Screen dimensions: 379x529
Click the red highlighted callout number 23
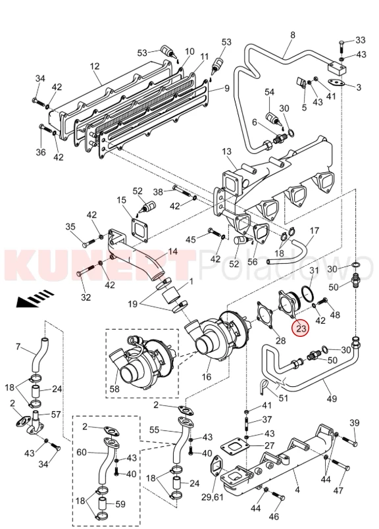pos(301,328)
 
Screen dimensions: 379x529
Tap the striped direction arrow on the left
pos(36,298)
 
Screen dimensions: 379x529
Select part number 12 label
pos(95,66)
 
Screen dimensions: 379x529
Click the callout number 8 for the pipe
pos(293,35)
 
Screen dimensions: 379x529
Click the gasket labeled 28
pos(265,315)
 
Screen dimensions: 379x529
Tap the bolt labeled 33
pos(341,46)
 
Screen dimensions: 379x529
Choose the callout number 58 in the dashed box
pos(114,389)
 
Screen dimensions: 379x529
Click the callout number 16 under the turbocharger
pos(206,376)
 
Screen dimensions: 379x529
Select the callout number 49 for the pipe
pos(332,399)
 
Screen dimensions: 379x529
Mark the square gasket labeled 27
pos(235,449)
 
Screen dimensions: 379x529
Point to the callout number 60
pos(82,452)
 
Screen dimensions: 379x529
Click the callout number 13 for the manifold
pos(227,151)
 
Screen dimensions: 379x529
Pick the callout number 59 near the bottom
pos(120,505)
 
